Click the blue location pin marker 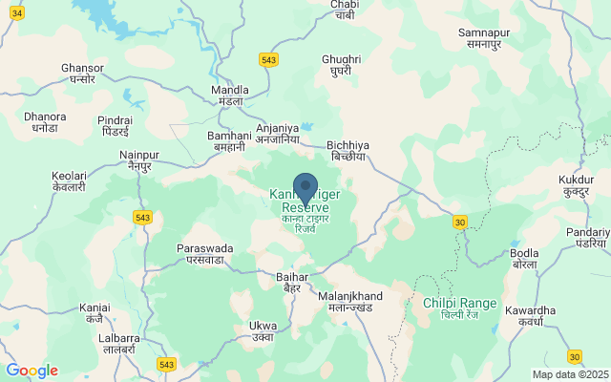coord(305,186)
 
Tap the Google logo coord(32,371)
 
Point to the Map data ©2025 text coord(570,375)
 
